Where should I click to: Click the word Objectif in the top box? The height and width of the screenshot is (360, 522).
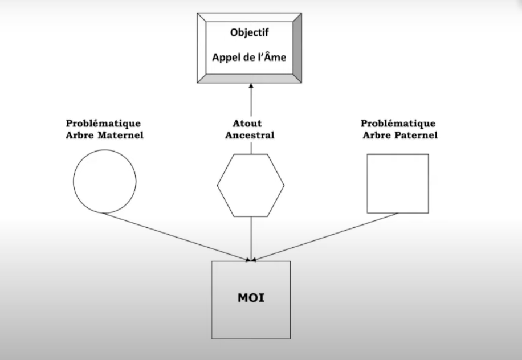point(250,32)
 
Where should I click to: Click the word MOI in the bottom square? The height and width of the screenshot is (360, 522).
point(251,298)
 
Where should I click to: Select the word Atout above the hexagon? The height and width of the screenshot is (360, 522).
point(247,124)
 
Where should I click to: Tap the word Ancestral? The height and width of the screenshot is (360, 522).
point(250,136)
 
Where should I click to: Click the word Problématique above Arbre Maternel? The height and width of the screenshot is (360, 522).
point(103,124)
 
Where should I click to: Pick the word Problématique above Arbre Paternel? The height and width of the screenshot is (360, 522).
point(398,124)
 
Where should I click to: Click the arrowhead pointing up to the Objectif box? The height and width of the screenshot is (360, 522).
point(251,85)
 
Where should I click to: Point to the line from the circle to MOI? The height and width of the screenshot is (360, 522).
point(176,237)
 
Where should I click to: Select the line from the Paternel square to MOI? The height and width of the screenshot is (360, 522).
point(325,237)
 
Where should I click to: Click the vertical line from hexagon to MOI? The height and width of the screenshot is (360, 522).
point(251,239)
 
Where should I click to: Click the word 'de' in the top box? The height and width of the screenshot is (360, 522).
point(247,57)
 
